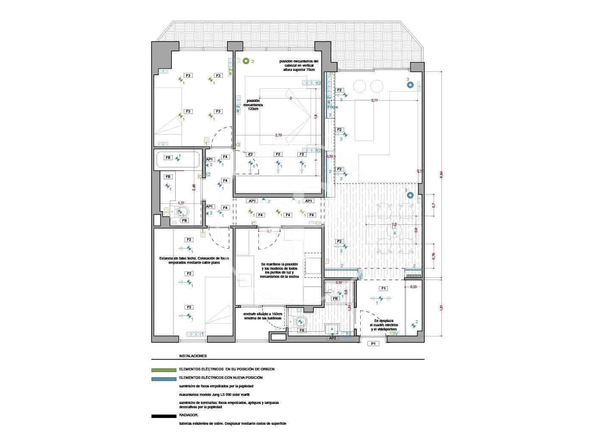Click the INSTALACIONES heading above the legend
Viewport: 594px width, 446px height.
click(193, 356)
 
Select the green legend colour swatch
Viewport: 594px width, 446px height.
click(164, 370)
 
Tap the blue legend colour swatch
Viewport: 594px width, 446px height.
click(164, 378)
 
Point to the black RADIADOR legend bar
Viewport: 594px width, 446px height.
click(164, 416)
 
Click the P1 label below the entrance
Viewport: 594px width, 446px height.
click(373, 344)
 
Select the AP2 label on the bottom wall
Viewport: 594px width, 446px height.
click(333, 338)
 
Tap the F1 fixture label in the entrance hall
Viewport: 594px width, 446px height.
click(384, 288)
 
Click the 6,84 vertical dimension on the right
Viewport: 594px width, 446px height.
click(441, 175)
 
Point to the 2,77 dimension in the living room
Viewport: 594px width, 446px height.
click(374, 100)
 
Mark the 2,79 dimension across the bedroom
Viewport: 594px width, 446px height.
click(278, 135)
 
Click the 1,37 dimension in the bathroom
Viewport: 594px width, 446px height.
click(181, 203)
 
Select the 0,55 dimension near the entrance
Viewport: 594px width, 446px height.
click(413, 287)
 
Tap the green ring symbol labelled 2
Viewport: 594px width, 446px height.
click(246, 61)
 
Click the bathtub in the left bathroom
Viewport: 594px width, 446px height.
click(178, 160)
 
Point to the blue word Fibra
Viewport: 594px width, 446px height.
click(333, 107)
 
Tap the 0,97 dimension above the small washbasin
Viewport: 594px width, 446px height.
click(339, 282)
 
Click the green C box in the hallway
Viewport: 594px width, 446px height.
click(254, 223)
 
